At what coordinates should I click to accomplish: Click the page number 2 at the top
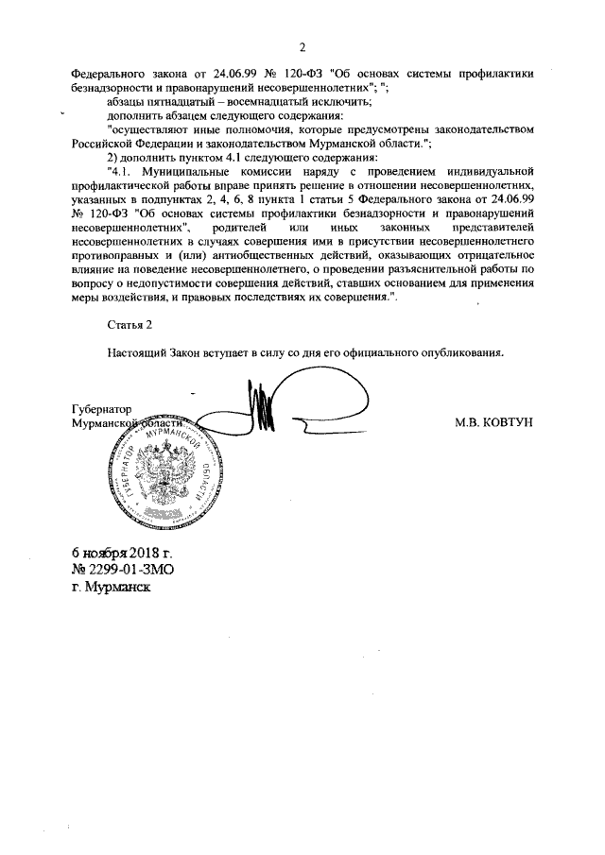pos(302,48)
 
